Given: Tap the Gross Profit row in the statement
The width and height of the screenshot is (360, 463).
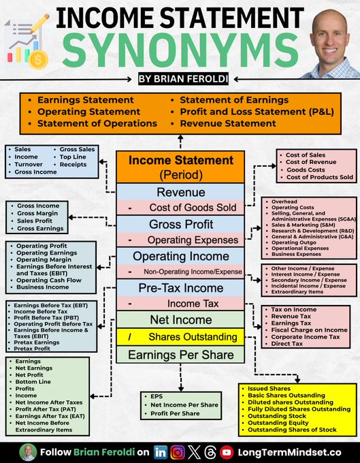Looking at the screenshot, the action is point(180,224).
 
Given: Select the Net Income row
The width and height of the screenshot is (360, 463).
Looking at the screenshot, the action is point(180,319).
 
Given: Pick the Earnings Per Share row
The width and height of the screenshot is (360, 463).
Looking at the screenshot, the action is point(180,355).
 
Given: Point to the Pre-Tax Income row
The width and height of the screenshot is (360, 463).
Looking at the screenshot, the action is point(180,287).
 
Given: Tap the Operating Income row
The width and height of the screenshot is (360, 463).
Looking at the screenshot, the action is point(180,256).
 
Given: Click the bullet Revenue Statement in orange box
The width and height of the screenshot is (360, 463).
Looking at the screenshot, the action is point(228,123).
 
